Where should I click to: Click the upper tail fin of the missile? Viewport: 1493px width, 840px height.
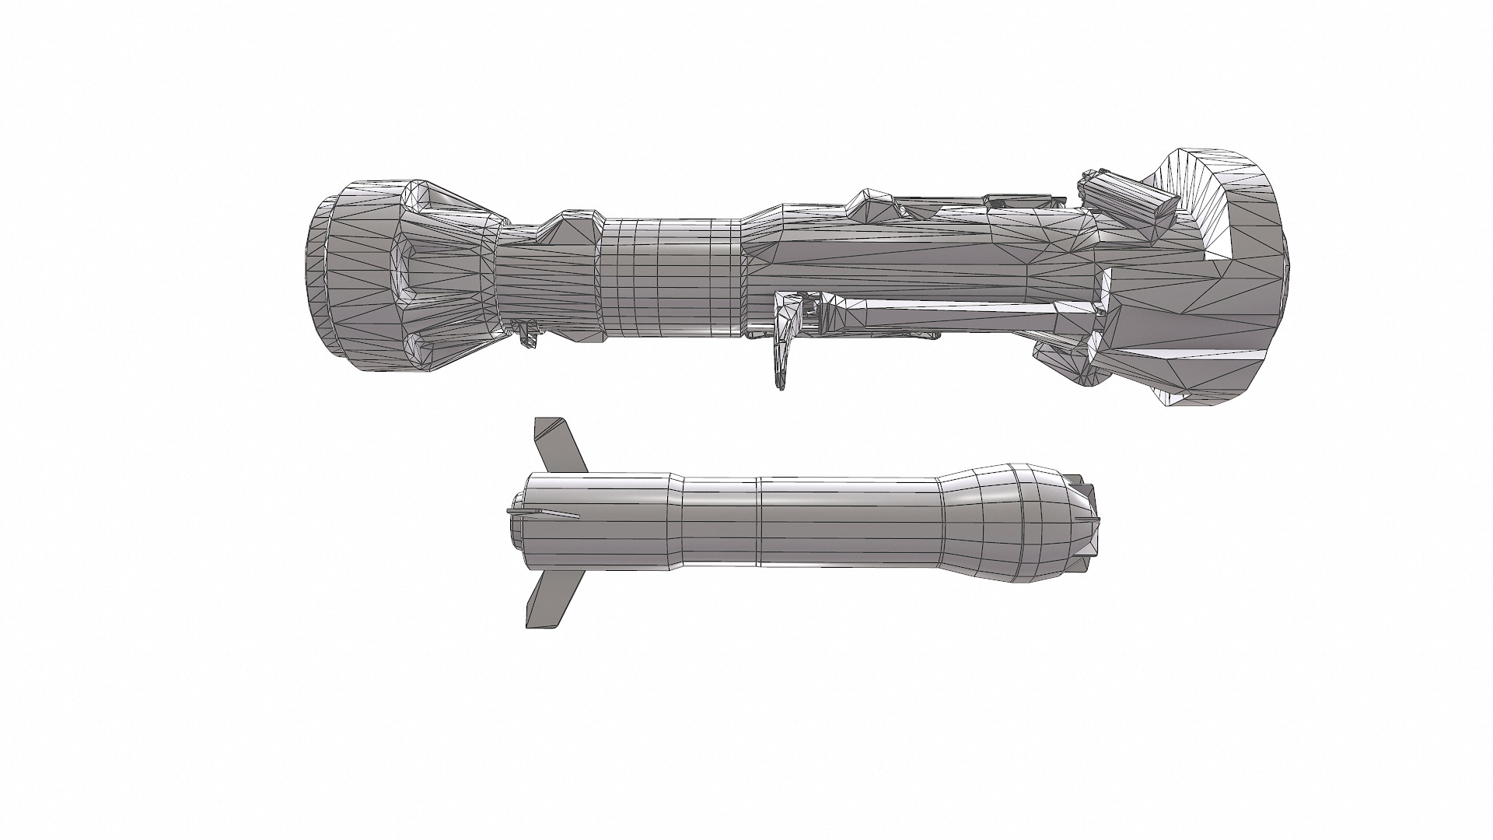[558, 446]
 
